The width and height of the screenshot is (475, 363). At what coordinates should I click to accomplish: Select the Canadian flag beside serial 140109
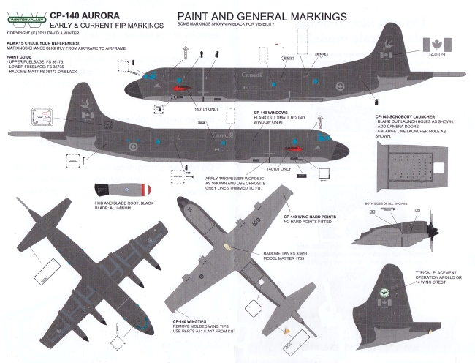click(x=440, y=40)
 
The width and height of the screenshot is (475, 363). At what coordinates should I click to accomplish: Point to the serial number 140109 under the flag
click(x=440, y=54)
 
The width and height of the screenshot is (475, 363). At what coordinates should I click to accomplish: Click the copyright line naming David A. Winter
click(x=46, y=34)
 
